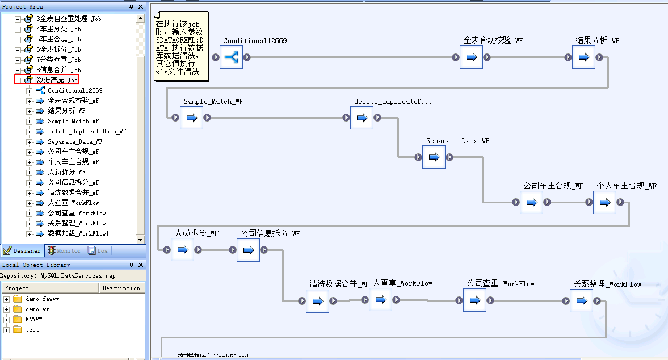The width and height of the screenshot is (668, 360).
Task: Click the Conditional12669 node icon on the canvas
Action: (x=231, y=57)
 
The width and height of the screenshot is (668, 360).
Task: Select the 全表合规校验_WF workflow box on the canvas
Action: (x=471, y=57)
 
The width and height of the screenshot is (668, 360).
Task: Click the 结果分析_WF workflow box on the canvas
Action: (x=583, y=57)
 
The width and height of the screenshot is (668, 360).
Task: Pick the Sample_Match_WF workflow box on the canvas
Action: (x=191, y=118)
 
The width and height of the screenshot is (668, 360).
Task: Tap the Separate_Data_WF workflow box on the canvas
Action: (x=434, y=157)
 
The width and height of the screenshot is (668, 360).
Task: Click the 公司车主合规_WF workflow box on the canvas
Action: (x=531, y=202)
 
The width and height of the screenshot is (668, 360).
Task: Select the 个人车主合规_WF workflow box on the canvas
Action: (x=604, y=202)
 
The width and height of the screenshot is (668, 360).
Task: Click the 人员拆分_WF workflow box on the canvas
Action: (x=182, y=249)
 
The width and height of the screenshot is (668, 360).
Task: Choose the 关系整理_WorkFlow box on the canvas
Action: (x=581, y=300)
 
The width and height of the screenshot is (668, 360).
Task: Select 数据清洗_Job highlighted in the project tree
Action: (x=57, y=80)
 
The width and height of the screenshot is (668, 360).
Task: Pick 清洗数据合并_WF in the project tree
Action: (x=73, y=192)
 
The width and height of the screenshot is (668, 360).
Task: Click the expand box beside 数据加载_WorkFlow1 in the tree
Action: (x=30, y=233)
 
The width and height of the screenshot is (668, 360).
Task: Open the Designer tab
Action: (x=23, y=250)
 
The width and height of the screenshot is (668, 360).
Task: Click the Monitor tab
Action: (x=64, y=250)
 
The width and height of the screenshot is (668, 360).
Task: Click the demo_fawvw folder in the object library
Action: (x=42, y=299)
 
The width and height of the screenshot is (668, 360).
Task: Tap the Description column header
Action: (x=121, y=288)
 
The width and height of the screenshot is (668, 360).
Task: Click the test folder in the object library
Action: (x=32, y=329)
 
